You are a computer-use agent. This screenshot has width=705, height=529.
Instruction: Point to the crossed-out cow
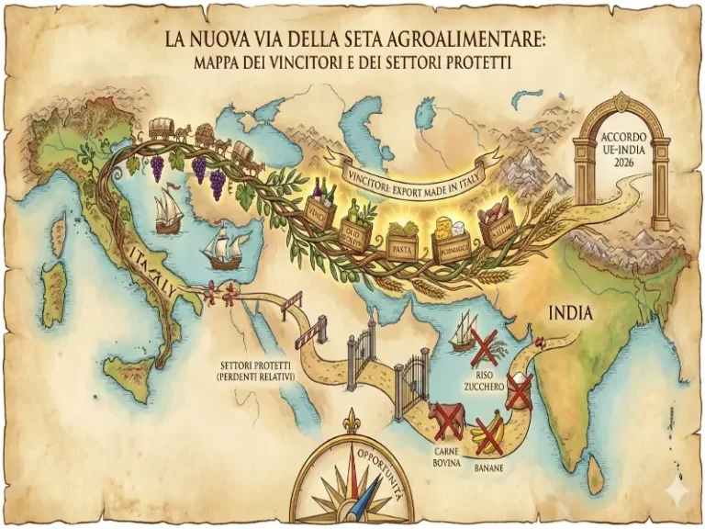(x=447, y=420)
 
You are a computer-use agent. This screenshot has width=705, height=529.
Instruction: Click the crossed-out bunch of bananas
(x=488, y=433)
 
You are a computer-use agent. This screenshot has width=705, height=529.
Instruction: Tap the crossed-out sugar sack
(x=520, y=390)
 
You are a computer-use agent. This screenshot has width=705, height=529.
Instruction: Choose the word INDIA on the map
(x=570, y=314)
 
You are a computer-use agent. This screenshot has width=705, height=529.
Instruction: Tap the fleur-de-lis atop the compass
(x=350, y=422)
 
